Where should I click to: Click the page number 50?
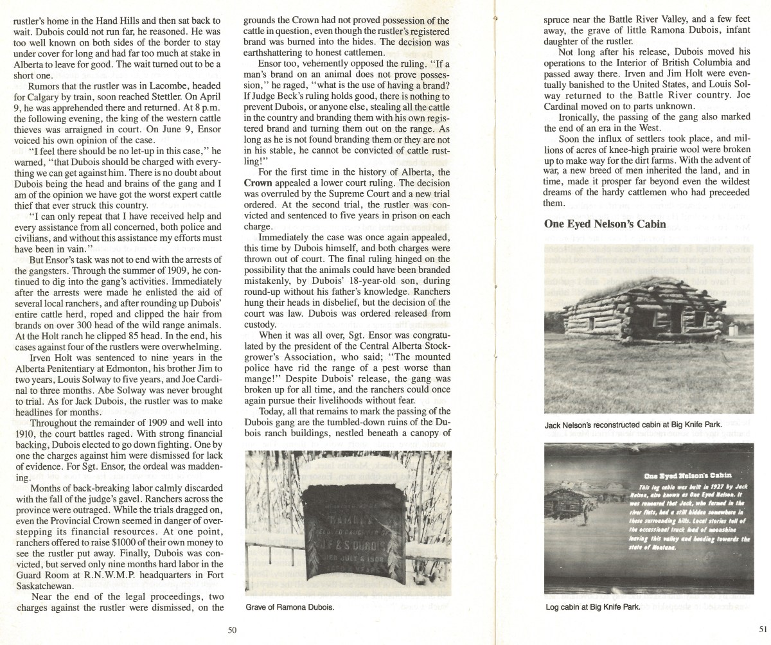pyautogui.click(x=233, y=630)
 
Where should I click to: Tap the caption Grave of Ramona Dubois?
pyautogui.click(x=291, y=608)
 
